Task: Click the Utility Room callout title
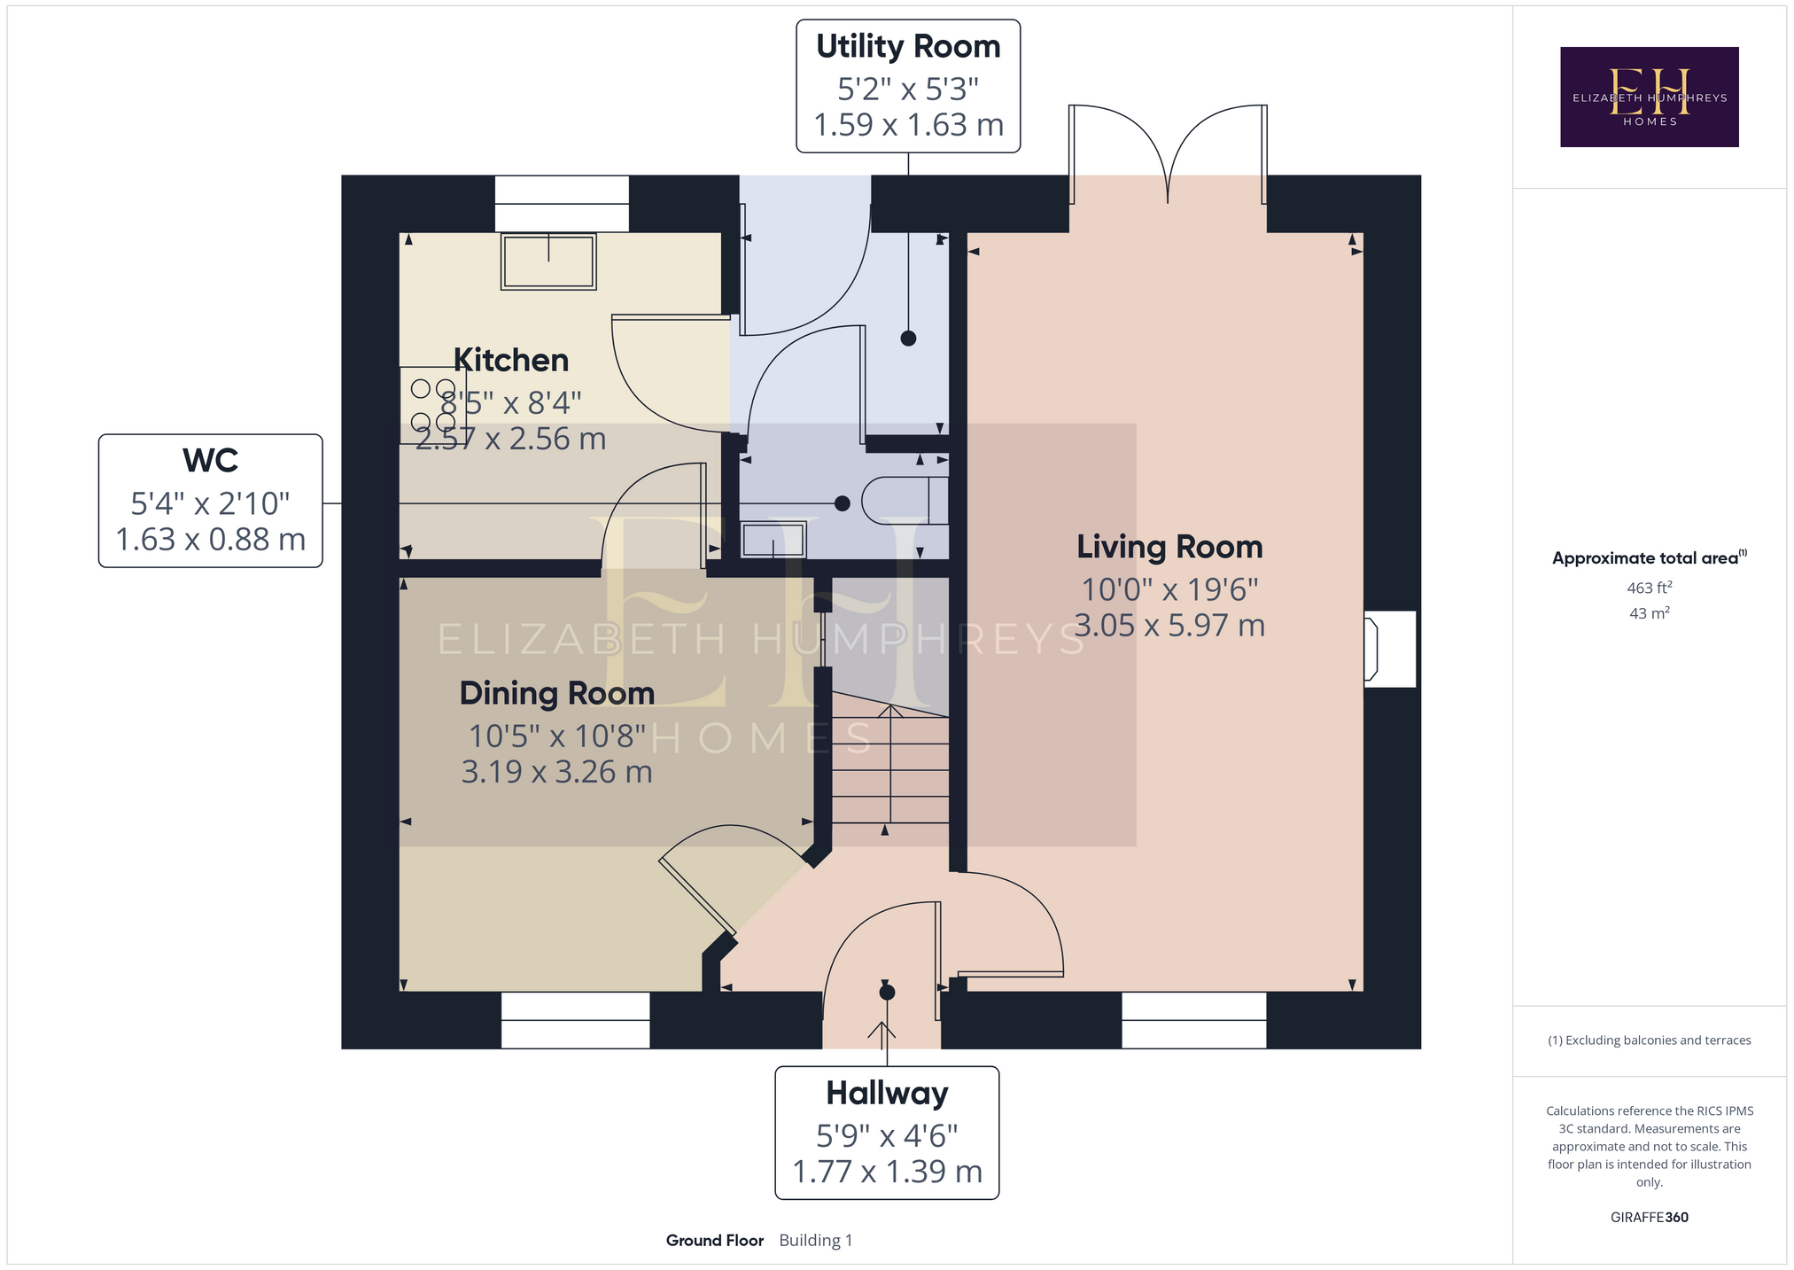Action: pos(908,47)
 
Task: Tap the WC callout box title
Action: pos(210,461)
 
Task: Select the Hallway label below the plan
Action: pos(887,1094)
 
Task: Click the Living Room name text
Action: pos(1169,547)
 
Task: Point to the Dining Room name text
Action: pos(557,693)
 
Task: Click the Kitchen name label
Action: pos(511,361)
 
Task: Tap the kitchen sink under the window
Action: pos(548,261)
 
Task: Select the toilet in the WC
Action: pos(905,501)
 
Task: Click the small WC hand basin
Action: pos(773,540)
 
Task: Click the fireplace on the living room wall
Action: pos(1389,649)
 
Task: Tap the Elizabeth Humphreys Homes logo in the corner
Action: pos(1649,97)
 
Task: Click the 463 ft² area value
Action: pos(1649,587)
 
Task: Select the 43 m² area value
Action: pos(1649,612)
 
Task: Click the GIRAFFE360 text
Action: pos(1649,1217)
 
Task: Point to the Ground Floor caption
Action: pos(715,1240)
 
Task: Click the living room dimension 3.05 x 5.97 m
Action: pos(1169,626)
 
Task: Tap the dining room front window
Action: pos(576,1020)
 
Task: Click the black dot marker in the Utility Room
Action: pos(908,338)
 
